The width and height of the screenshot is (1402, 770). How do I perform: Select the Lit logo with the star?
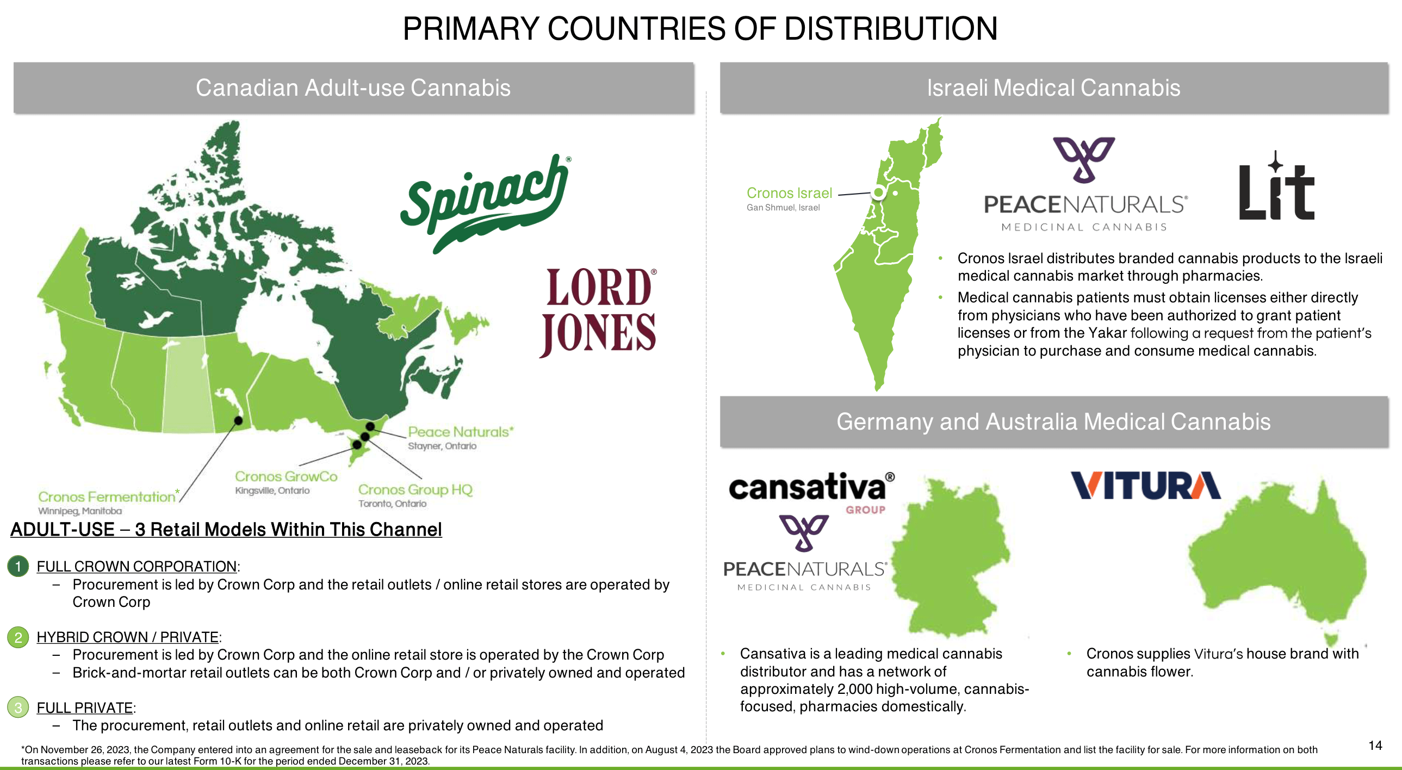[1276, 188]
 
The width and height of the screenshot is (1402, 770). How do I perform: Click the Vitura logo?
[1146, 486]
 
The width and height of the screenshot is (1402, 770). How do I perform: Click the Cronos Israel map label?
[789, 194]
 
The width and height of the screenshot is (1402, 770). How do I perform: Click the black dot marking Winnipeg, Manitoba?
[238, 420]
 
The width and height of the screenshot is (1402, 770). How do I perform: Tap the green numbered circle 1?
[18, 567]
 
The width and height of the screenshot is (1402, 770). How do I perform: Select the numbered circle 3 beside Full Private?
[18, 707]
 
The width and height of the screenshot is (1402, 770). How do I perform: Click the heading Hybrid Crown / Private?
[128, 637]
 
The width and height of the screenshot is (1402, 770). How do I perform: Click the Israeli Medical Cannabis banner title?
[1053, 88]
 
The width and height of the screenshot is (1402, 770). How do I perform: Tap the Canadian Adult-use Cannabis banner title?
[353, 88]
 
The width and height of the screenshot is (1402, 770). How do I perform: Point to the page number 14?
[1375, 746]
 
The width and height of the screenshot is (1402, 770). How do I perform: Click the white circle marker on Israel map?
[878, 192]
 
